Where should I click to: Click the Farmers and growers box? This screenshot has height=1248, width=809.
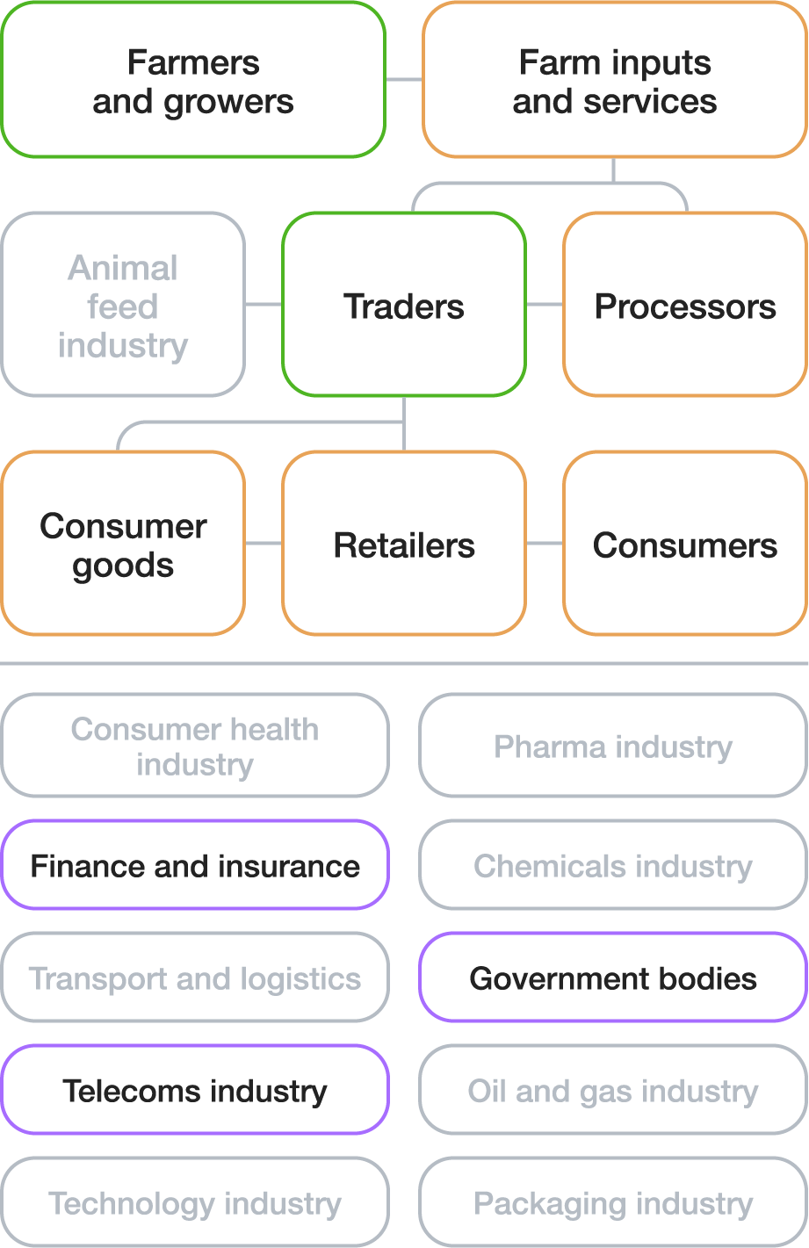(193, 81)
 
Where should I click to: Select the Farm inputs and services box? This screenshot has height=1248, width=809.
(614, 81)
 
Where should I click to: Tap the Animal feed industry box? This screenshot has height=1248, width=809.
(123, 305)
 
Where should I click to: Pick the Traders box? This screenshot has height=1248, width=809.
(404, 305)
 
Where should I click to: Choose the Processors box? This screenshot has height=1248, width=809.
(685, 305)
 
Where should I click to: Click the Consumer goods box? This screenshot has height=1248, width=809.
(123, 544)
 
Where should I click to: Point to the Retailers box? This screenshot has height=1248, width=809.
(404, 544)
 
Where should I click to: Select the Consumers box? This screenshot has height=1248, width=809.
(685, 544)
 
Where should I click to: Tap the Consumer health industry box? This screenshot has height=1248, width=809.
(194, 746)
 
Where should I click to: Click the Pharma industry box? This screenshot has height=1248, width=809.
(613, 746)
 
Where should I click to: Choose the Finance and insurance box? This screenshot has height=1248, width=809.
(194, 865)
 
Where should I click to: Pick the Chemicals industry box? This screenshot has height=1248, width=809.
(613, 865)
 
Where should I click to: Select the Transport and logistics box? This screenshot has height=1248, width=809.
(194, 977)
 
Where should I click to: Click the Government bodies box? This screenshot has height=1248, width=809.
(613, 977)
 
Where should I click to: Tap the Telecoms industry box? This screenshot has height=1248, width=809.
(194, 1090)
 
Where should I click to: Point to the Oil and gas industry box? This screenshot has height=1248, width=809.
(613, 1090)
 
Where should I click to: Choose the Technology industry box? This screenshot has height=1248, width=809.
(194, 1202)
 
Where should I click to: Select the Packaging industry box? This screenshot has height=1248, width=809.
(613, 1202)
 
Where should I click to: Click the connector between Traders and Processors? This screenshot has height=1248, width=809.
(545, 305)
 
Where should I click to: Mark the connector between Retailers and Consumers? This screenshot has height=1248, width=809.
(545, 544)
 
